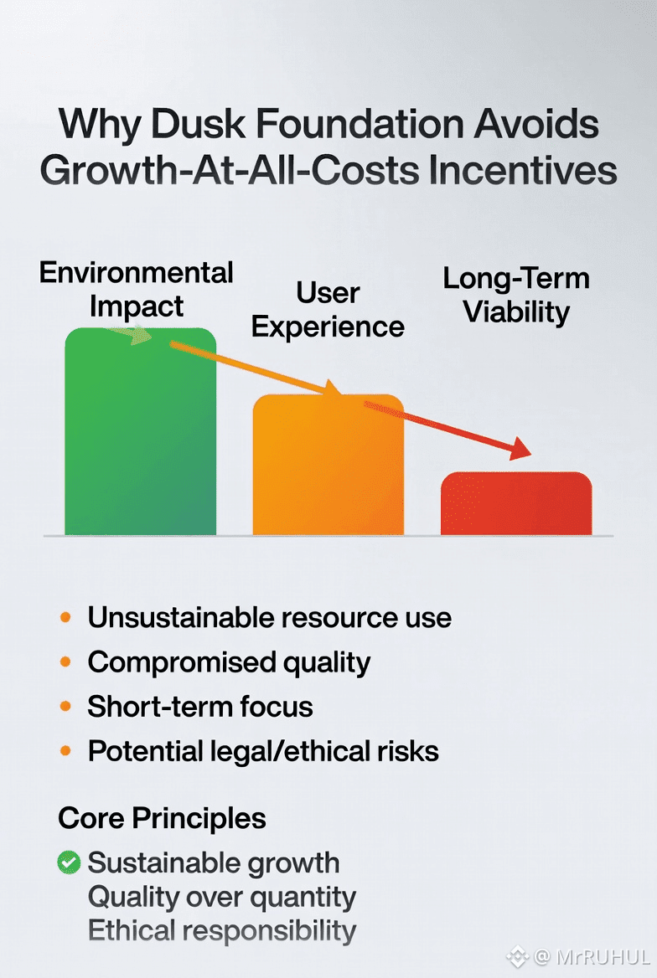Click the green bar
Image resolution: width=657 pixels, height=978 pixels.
[x=141, y=431]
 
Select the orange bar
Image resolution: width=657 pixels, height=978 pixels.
[x=328, y=465]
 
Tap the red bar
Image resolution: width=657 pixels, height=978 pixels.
[x=516, y=503]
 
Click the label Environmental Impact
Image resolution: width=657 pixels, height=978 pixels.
[x=136, y=290]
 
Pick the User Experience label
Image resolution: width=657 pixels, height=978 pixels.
[x=328, y=310]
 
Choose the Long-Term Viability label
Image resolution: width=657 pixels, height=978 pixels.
[x=516, y=296]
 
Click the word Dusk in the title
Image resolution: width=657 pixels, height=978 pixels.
[x=199, y=124]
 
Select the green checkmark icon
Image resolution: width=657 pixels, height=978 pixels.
[x=69, y=862]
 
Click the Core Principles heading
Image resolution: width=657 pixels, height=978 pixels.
[x=162, y=818]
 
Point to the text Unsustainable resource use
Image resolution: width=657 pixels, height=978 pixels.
[x=269, y=617]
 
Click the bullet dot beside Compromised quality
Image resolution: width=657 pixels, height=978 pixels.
[x=65, y=661]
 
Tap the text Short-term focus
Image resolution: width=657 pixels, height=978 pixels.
[x=199, y=707]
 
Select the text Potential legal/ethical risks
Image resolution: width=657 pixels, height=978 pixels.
[x=263, y=752]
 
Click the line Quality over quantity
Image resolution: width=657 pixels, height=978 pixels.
[x=222, y=898]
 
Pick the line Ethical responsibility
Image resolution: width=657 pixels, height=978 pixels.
[x=222, y=930]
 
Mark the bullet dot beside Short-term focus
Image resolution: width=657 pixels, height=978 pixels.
[x=65, y=707]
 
